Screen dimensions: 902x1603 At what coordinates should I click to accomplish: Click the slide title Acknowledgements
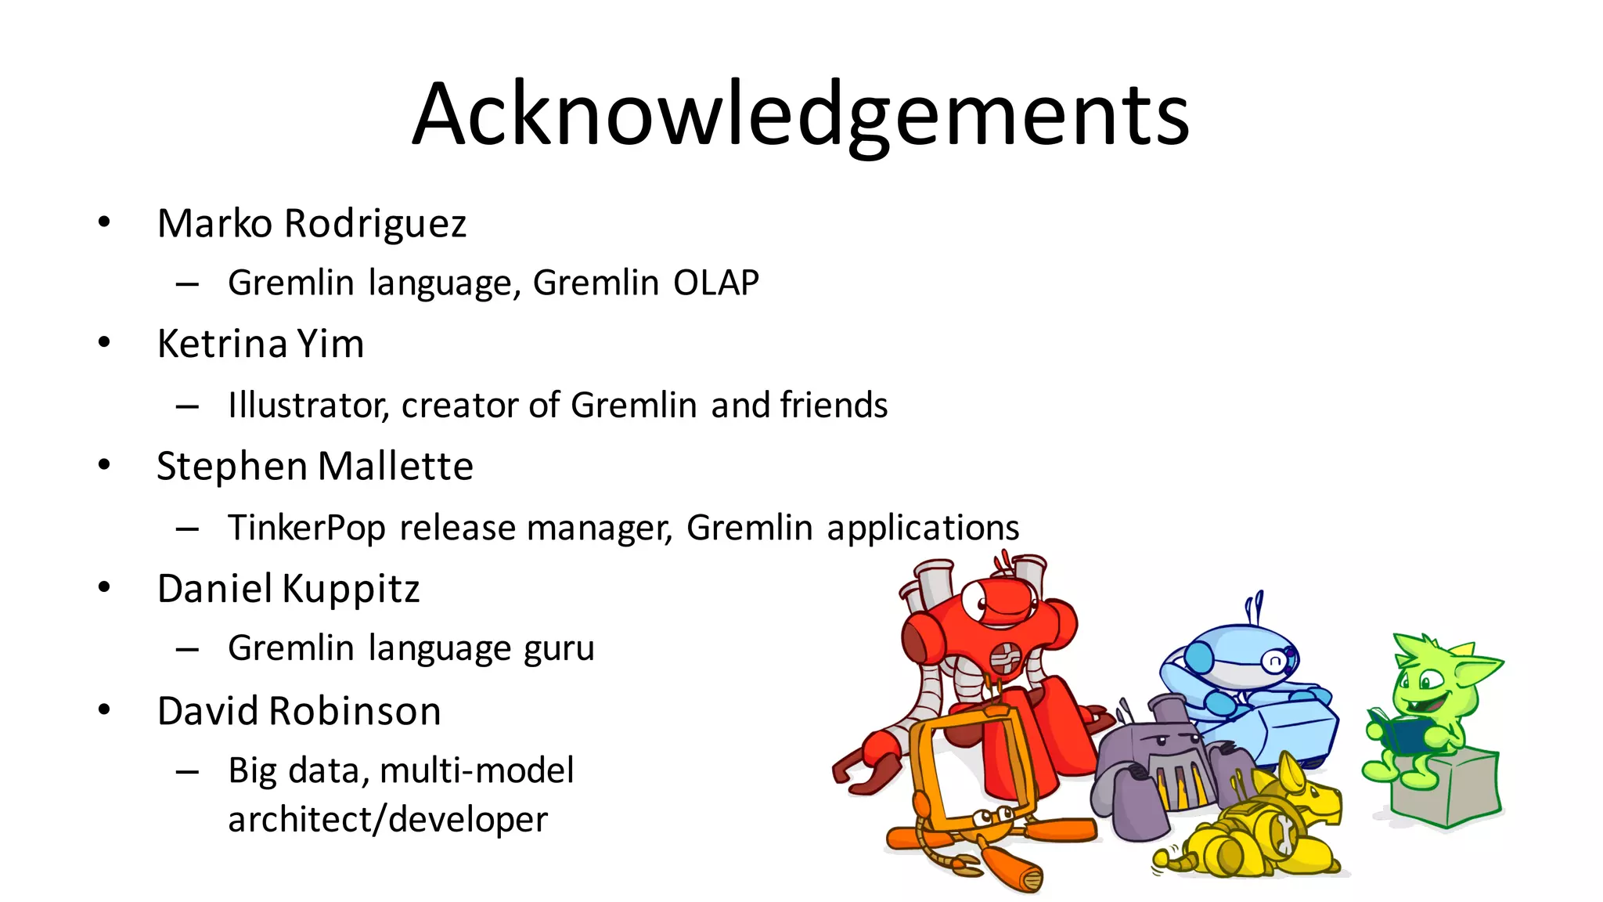coord(800,115)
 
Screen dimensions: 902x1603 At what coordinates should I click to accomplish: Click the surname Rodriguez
coord(375,224)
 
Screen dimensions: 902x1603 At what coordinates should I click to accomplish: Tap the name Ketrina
coord(222,345)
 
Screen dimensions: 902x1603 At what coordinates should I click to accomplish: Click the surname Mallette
coord(395,467)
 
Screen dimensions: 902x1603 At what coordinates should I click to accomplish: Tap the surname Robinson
coord(355,712)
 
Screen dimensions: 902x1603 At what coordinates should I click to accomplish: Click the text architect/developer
coord(387,820)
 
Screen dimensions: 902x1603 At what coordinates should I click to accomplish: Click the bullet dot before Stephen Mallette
coord(105,465)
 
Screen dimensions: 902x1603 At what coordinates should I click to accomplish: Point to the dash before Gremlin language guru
coord(187,649)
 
